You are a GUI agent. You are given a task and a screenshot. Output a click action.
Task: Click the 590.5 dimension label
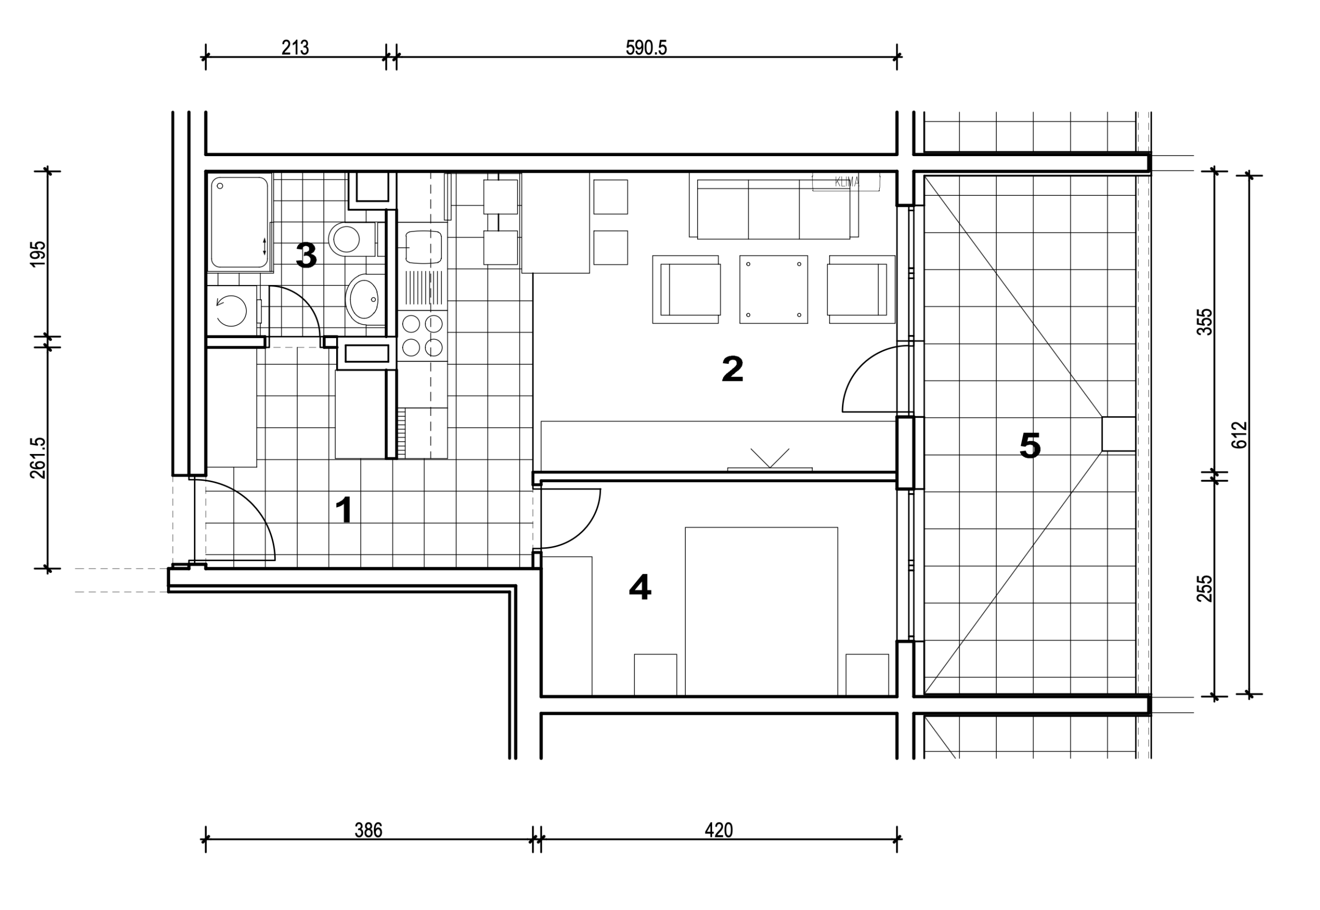[646, 47]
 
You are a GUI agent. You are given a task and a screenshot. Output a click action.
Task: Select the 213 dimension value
[295, 47]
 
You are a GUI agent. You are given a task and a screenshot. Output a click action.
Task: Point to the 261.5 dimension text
[38, 458]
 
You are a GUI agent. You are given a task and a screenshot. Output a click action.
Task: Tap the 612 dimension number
[1240, 435]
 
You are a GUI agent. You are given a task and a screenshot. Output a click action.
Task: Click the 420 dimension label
[718, 830]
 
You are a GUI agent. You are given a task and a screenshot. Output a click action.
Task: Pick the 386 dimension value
[368, 830]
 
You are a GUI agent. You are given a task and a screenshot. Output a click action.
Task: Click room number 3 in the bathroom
[306, 256]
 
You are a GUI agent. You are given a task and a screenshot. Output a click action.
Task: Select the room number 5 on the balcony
[1030, 445]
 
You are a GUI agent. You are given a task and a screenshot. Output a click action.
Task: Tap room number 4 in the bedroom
[640, 587]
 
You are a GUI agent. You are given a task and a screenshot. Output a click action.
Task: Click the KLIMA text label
[847, 182]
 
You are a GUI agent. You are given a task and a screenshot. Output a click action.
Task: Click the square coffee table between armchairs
[773, 290]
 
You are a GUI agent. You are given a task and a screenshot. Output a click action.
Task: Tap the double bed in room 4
[761, 611]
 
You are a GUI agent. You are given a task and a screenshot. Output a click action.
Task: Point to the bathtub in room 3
[240, 223]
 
